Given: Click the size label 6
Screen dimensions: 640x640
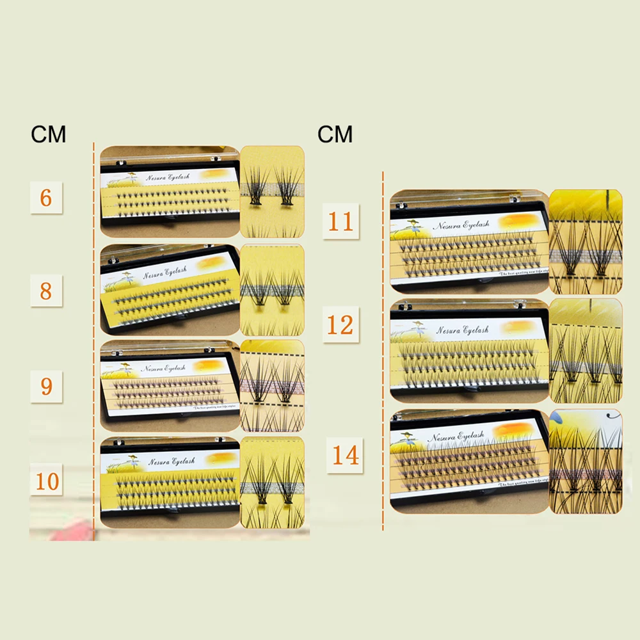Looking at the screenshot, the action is click(46, 198).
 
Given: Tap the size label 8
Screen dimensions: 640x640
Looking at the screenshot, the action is click(46, 291).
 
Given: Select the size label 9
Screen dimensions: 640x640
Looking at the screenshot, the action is click(46, 386).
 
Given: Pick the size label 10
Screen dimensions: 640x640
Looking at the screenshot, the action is click(47, 480).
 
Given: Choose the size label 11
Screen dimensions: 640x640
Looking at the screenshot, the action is click(340, 221).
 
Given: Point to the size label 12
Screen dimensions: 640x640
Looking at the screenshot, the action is click(340, 325).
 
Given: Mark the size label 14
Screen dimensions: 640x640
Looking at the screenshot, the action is click(345, 456).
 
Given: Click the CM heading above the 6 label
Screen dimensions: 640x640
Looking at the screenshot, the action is click(49, 135).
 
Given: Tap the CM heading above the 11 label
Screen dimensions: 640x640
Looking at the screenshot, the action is click(335, 134).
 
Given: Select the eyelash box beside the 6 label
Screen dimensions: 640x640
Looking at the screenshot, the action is click(170, 192).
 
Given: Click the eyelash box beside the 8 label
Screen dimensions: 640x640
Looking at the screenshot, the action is click(170, 290).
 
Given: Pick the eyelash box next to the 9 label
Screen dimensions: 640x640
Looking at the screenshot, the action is click(170, 385).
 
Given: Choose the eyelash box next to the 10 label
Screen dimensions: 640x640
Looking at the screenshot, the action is click(170, 482).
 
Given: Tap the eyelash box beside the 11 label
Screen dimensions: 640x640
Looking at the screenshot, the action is click(469, 242).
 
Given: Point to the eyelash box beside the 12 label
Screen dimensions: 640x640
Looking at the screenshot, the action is click(469, 351).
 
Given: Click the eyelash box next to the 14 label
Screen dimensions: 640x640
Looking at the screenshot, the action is click(469, 461).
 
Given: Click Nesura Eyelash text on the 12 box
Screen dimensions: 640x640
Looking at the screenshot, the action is click(462, 330).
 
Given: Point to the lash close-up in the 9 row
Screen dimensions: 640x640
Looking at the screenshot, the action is click(272, 385).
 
